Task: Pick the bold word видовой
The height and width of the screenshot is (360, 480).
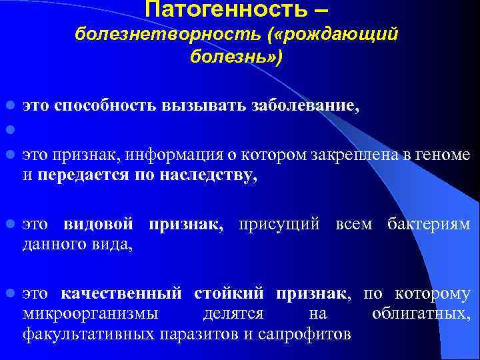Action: [x=99, y=223]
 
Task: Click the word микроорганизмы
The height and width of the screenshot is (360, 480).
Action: [x=90, y=313]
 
